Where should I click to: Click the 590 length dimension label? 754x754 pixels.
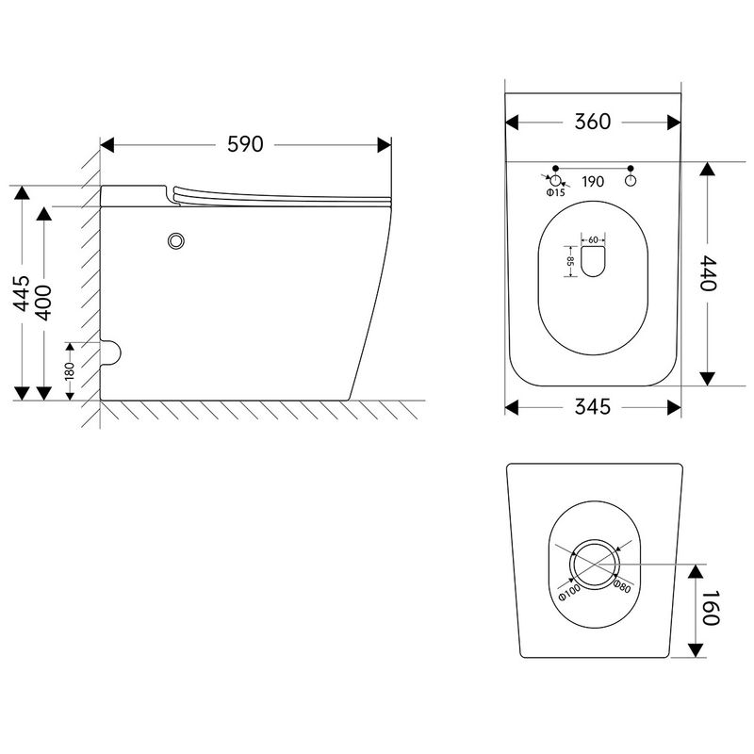(245, 144)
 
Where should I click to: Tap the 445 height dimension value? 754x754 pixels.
(22, 293)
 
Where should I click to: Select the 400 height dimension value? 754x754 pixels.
(43, 303)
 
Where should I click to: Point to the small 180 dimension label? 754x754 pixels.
(70, 370)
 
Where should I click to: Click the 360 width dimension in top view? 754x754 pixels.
(593, 122)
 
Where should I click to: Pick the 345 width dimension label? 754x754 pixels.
(593, 407)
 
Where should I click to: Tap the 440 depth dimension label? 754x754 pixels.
(708, 273)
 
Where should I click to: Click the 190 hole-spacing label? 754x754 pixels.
(593, 182)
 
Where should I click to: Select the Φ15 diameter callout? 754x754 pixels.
(555, 193)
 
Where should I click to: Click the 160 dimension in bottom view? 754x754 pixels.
(711, 607)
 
